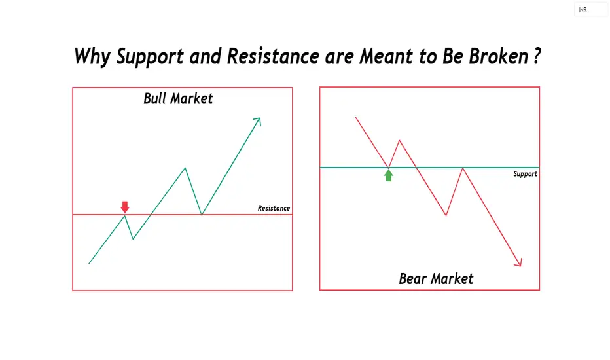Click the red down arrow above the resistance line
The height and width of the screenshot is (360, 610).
(x=125, y=207)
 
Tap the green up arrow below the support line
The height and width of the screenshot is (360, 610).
(x=388, y=175)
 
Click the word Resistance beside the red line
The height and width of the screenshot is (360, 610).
(x=274, y=208)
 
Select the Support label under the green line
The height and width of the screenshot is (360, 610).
(x=525, y=174)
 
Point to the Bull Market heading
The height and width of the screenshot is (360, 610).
(x=178, y=98)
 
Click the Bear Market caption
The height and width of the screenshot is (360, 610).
(x=436, y=279)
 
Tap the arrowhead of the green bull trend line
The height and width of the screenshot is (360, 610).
(x=258, y=120)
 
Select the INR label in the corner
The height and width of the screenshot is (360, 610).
(x=583, y=10)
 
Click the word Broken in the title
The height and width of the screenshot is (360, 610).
(x=498, y=56)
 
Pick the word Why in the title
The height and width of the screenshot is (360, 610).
(x=92, y=57)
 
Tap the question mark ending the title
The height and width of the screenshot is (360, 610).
(x=537, y=56)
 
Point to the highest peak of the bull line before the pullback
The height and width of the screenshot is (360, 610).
(x=185, y=168)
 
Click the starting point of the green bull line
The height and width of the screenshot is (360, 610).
(x=89, y=264)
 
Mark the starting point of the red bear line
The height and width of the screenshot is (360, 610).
(x=355, y=117)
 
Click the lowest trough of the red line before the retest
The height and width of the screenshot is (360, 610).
(x=446, y=215)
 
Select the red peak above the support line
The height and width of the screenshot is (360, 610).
(x=399, y=140)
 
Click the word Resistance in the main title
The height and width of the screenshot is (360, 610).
(x=273, y=56)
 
